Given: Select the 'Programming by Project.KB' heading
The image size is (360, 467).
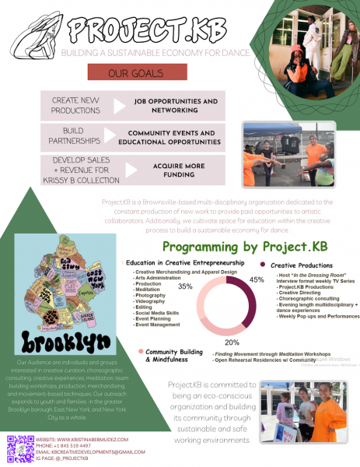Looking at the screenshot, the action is [x=245, y=247].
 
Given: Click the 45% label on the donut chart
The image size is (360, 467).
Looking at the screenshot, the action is [x=257, y=279].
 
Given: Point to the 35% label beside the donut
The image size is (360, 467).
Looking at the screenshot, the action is [x=185, y=286].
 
